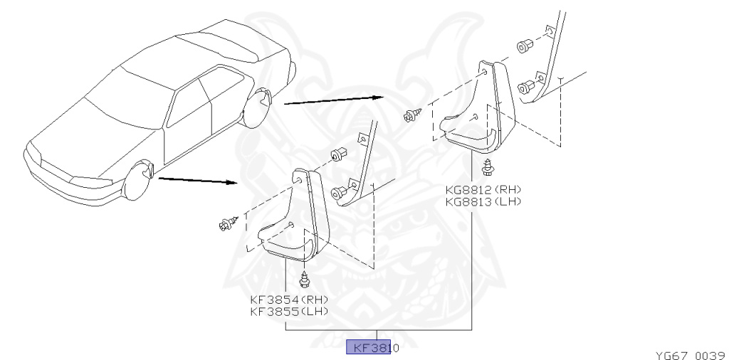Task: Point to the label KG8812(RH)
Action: coord(482,189)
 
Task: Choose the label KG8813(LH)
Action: coord(482,201)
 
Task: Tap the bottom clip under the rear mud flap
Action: coord(488,168)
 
